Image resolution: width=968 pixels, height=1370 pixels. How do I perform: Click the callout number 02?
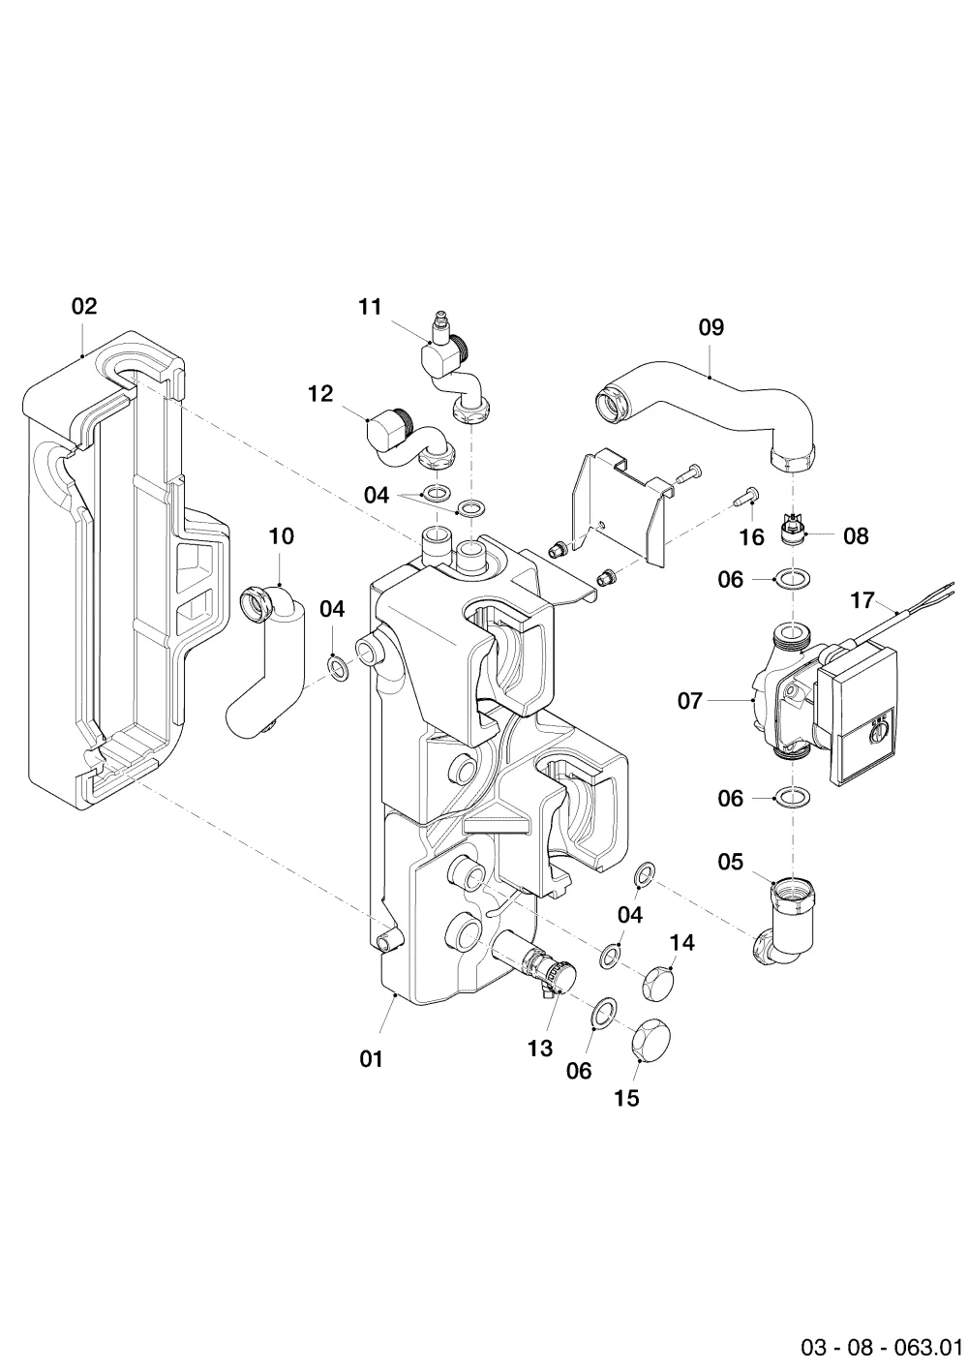(84, 306)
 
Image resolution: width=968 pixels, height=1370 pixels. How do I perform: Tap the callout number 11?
(370, 306)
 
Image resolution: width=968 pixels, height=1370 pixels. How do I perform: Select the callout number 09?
(711, 327)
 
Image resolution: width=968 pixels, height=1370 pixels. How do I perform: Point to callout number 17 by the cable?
(862, 600)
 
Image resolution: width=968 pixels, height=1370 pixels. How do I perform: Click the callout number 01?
(371, 1058)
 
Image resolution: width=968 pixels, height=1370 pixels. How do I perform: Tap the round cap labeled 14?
(657, 981)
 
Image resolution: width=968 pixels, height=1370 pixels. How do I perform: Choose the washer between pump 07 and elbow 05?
(793, 798)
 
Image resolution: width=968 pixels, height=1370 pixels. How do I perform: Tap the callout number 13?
(540, 1049)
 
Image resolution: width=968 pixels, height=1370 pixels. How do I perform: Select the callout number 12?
(320, 394)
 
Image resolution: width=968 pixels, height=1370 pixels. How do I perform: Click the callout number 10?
(282, 536)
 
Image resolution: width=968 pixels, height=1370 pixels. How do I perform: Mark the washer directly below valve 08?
(793, 577)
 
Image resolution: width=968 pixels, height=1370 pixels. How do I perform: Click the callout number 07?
(690, 700)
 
